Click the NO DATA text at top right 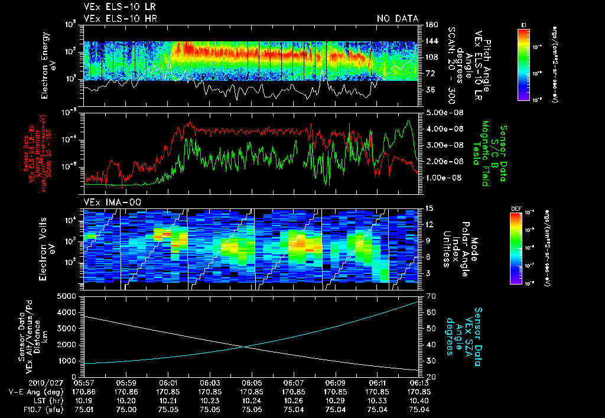pyautogui.click(x=398, y=18)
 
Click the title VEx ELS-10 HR pyautogui.click(x=121, y=18)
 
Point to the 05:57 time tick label pyautogui.click(x=85, y=383)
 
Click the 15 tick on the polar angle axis pyautogui.click(x=430, y=208)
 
